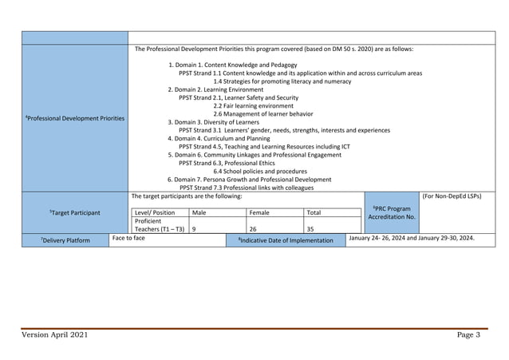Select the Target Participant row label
tap(74, 213)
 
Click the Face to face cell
tap(128, 238)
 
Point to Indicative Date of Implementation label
tap(286, 239)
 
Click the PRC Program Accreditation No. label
tap(391, 212)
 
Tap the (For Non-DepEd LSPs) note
tap(452, 196)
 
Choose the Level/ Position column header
tap(155, 213)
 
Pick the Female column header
tap(259, 213)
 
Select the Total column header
tap(314, 213)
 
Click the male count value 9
tap(195, 229)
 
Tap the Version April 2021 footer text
tap(56, 334)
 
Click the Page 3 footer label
tap(468, 334)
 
